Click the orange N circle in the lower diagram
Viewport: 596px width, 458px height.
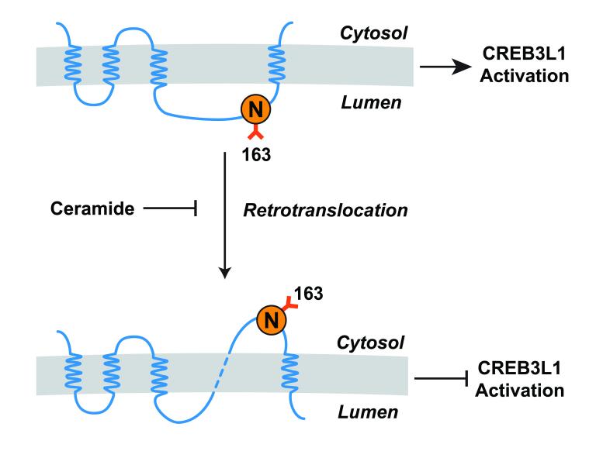271,318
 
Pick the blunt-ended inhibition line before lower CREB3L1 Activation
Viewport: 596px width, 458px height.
442,379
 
